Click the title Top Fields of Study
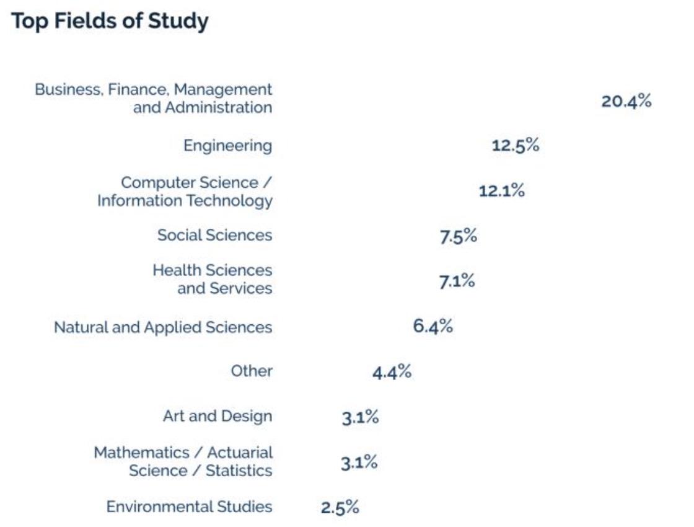coord(110,22)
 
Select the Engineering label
coord(227,146)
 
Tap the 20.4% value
coord(626,102)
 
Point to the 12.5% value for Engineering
coord(515,146)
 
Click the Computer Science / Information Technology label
coord(185,192)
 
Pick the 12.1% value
coord(501,191)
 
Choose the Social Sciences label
coord(214,235)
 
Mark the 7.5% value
coord(459,236)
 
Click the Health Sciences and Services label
coord(212,279)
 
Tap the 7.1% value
coord(457,281)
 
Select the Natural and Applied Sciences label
coord(163,327)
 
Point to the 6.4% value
coord(433,326)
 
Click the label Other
coord(252,371)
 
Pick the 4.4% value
coord(392,372)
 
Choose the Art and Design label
coord(217,415)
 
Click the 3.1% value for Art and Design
coord(359,417)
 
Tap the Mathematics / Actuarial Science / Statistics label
coord(183,461)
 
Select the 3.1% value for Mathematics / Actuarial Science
coord(359,463)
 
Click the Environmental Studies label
coord(189,507)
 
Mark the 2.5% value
coord(340,507)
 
